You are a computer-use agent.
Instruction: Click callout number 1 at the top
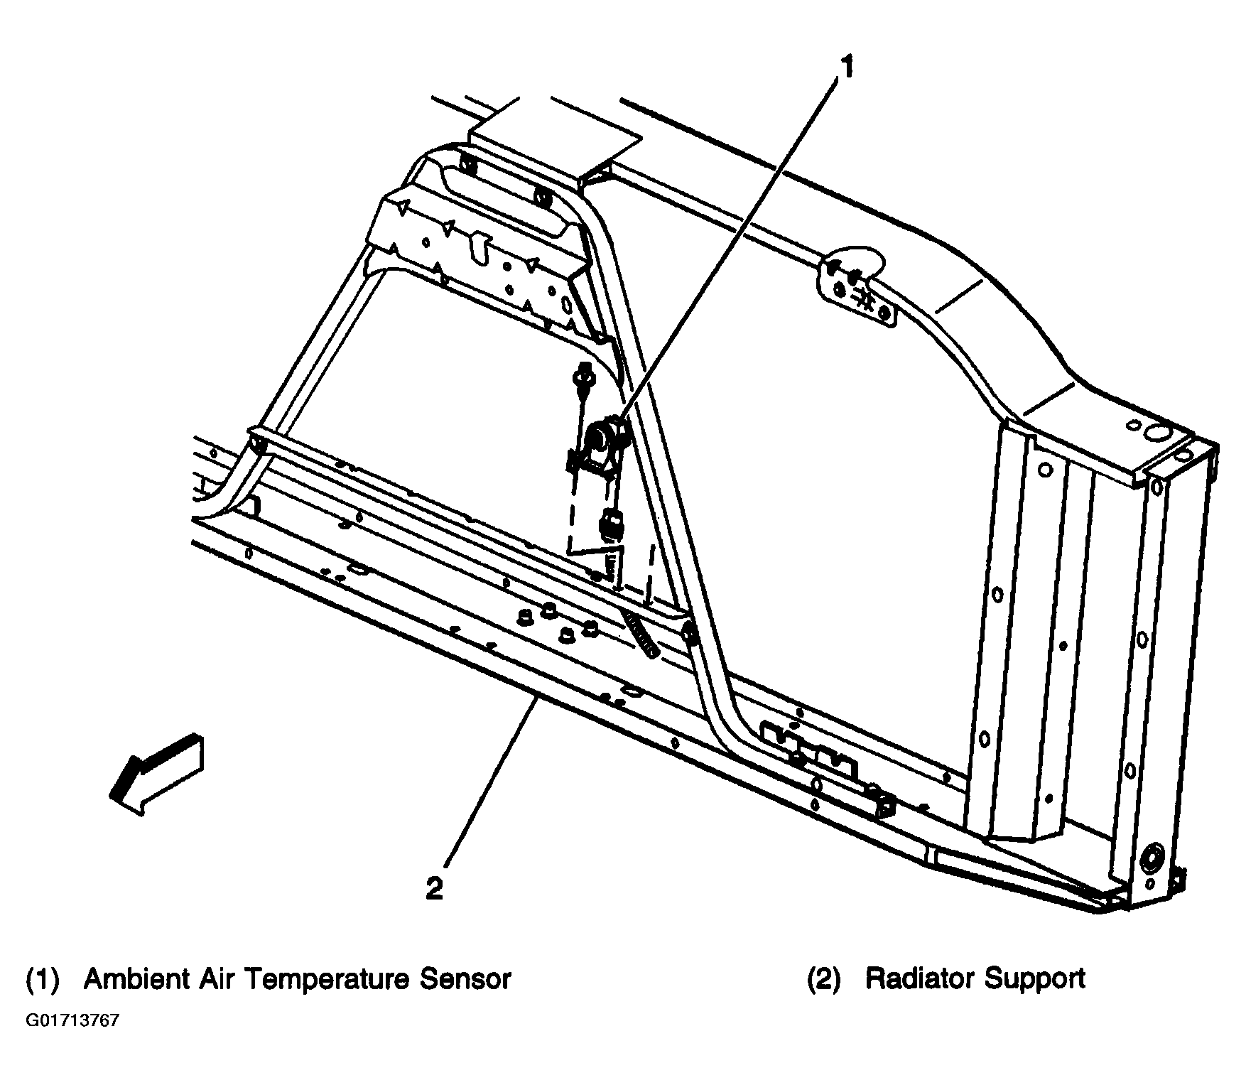tap(845, 67)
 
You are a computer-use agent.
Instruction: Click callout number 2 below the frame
tap(434, 888)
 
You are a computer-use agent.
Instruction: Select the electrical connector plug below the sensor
tap(610, 524)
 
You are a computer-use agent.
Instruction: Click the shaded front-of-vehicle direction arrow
tap(157, 774)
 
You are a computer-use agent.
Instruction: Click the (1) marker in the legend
tap(43, 980)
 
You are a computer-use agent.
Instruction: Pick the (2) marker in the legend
tap(824, 980)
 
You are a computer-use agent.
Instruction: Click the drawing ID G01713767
tap(72, 1021)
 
